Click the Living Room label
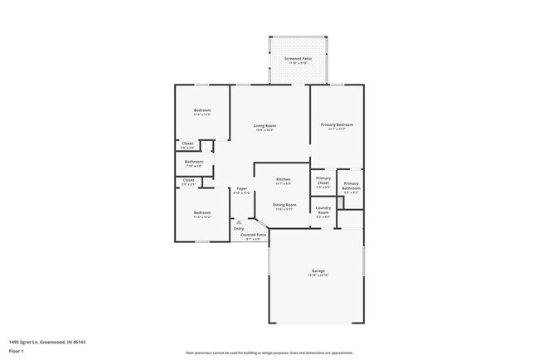(264, 125)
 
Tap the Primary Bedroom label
(337, 125)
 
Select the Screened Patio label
(298, 59)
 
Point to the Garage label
(318, 271)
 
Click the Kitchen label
(283, 180)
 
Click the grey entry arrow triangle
(239, 222)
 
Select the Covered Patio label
(253, 236)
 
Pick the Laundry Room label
(323, 211)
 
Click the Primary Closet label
(323, 180)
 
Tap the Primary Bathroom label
(351, 186)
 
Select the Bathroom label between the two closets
(194, 162)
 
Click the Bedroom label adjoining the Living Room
(202, 111)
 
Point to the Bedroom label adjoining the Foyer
(202, 213)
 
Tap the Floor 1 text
(17, 351)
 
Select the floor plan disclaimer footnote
(269, 352)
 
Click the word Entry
(239, 228)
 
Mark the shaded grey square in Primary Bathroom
(349, 217)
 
